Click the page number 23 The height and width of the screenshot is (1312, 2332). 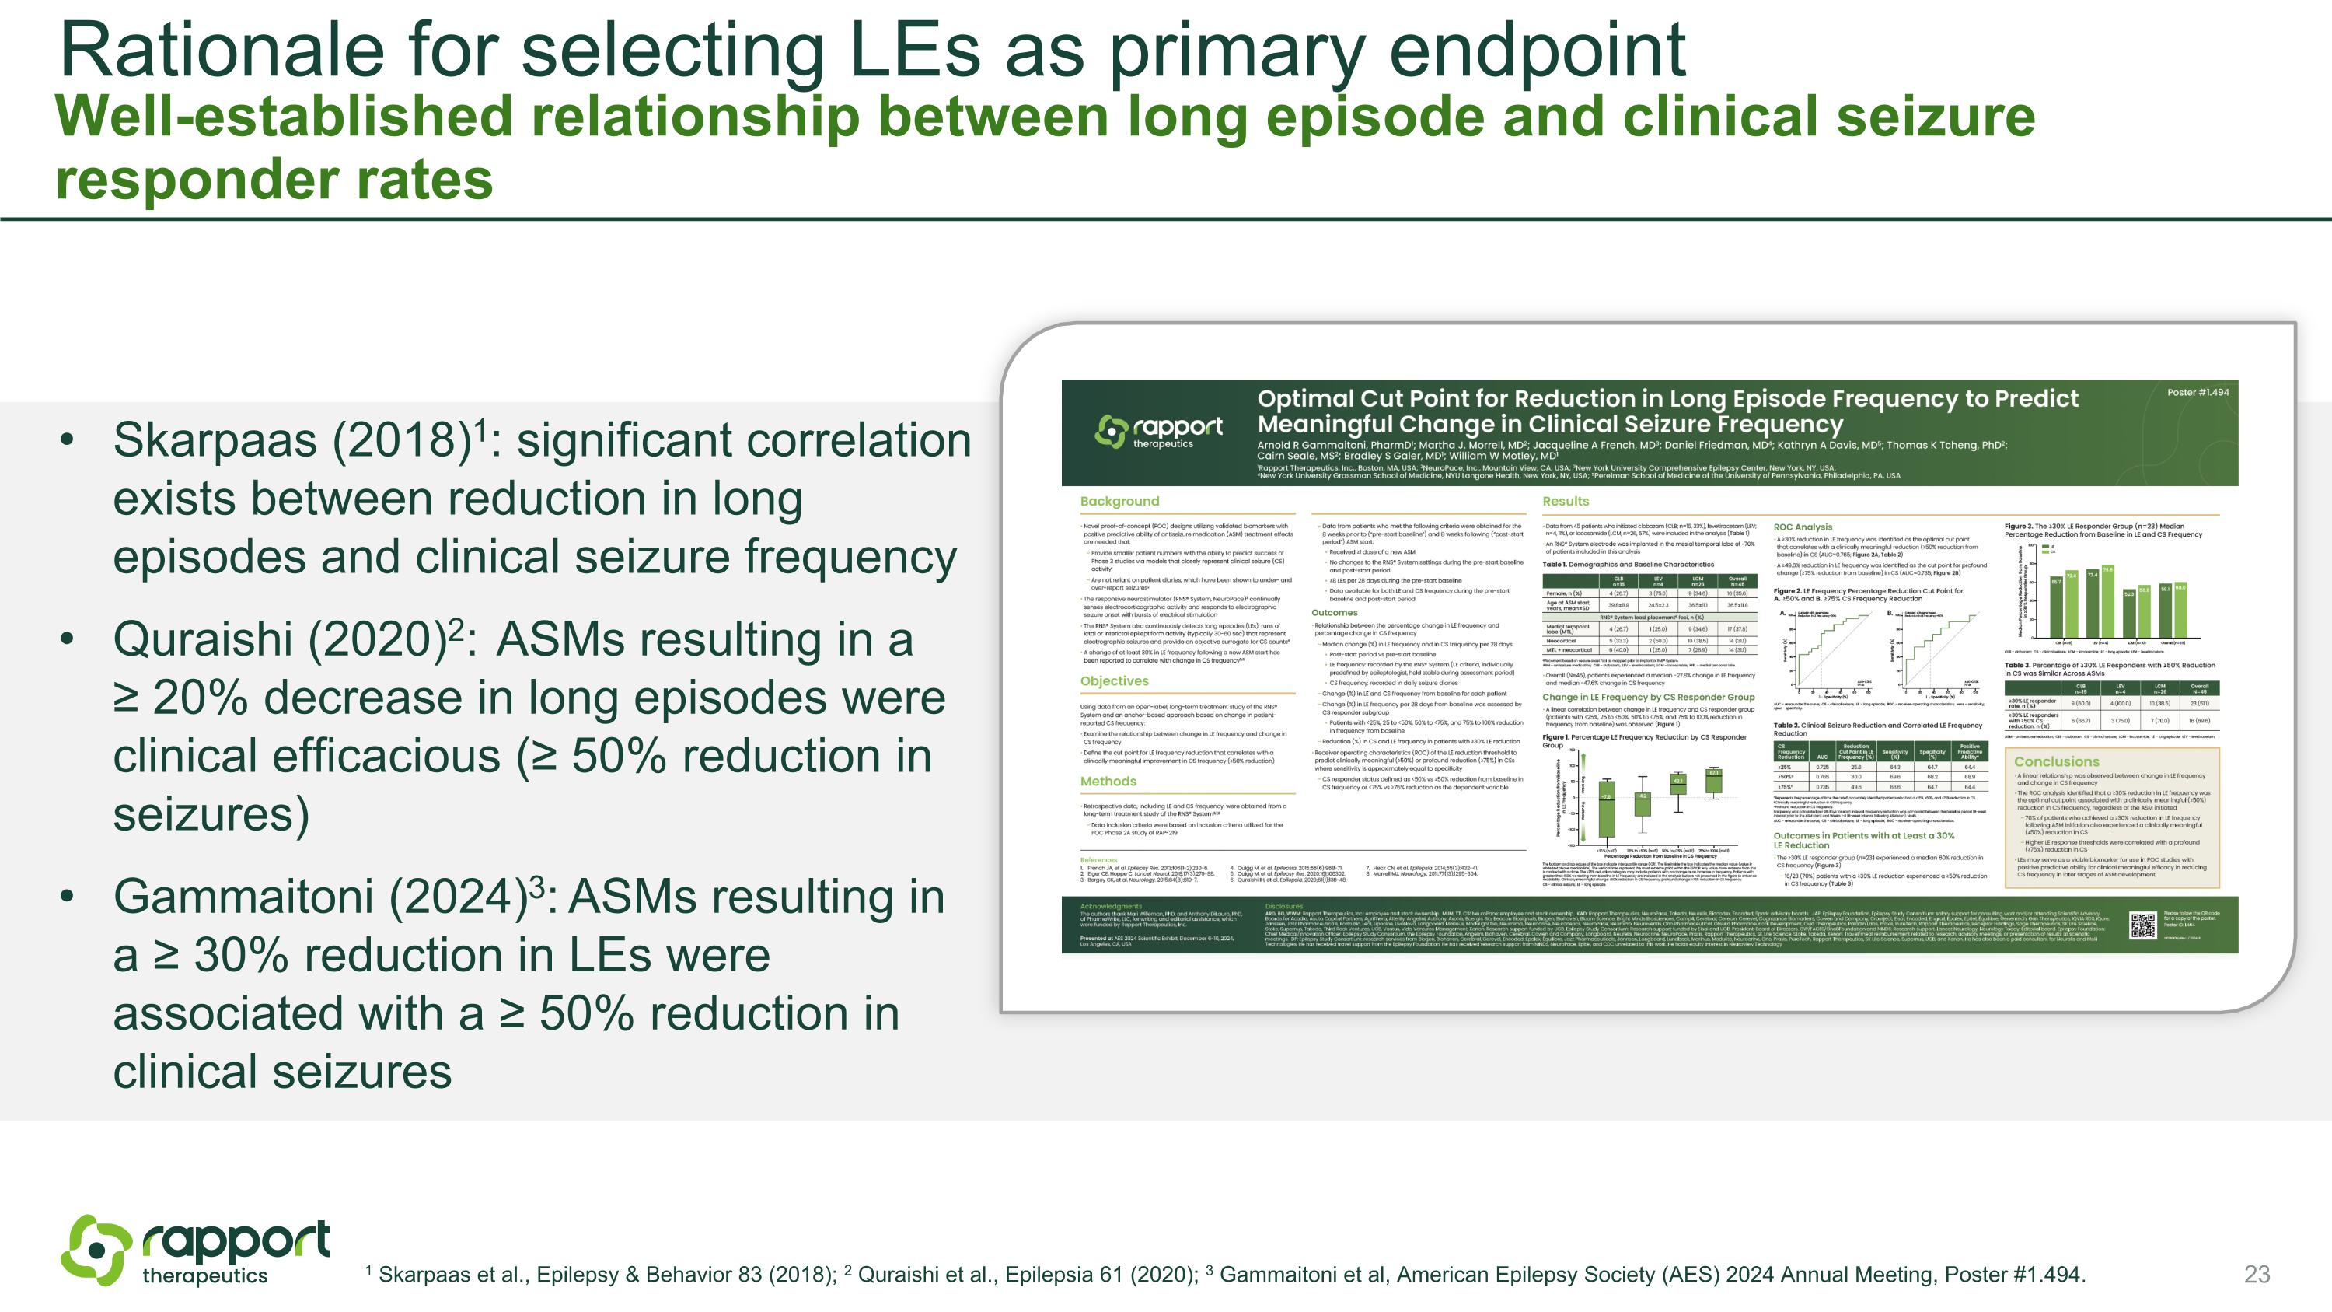click(2257, 1275)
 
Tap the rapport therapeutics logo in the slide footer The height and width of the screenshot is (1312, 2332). click(194, 1251)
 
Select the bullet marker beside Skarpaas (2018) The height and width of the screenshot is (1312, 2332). click(65, 441)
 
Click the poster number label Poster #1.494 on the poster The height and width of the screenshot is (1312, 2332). click(2197, 392)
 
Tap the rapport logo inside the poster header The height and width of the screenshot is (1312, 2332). click(1159, 431)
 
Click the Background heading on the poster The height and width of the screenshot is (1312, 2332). click(1119, 501)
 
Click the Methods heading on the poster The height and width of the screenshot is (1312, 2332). click(1107, 782)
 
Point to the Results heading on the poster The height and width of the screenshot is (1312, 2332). click(1566, 501)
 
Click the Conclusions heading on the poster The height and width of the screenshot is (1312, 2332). click(2056, 761)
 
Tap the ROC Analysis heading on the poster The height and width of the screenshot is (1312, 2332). click(1802, 527)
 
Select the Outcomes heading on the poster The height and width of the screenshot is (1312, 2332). click(1335, 613)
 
